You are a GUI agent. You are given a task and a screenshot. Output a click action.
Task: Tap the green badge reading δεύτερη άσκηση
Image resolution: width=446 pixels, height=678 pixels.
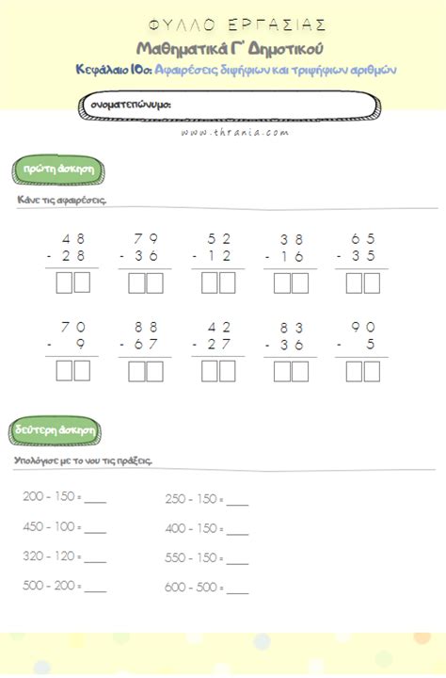(56, 428)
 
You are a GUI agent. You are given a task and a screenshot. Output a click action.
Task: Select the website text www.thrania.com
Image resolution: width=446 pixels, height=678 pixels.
(223, 134)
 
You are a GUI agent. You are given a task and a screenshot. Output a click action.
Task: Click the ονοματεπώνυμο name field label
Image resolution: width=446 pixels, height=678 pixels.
(131, 105)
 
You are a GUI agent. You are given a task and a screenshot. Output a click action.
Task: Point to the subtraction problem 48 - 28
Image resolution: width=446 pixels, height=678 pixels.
(72, 248)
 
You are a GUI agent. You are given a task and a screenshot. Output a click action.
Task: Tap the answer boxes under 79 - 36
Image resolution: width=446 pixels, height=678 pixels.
(145, 282)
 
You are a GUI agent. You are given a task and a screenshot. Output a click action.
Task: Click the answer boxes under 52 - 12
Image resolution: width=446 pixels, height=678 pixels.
(217, 282)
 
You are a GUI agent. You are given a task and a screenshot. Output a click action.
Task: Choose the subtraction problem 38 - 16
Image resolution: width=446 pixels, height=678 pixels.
(291, 248)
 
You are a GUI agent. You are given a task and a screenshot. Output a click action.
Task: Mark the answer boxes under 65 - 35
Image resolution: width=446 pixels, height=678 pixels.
(362, 282)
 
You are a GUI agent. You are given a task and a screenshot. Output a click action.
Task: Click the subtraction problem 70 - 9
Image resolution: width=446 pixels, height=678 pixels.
(72, 336)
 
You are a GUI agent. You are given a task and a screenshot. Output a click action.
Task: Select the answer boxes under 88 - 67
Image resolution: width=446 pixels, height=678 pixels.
(145, 371)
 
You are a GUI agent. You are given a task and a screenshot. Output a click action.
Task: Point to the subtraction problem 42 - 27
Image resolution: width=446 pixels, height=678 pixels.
(217, 336)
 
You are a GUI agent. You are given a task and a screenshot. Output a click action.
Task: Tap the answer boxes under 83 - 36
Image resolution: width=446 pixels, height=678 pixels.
(290, 371)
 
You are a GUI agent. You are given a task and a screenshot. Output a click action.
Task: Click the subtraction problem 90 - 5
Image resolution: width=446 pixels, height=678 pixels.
(362, 336)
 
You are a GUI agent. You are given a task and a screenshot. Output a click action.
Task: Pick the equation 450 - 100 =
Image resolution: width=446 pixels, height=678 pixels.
(53, 526)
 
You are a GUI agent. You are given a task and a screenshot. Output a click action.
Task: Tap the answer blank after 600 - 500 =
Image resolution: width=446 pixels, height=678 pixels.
(237, 590)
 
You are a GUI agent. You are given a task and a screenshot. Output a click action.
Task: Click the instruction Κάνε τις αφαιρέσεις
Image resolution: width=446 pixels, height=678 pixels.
(62, 201)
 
